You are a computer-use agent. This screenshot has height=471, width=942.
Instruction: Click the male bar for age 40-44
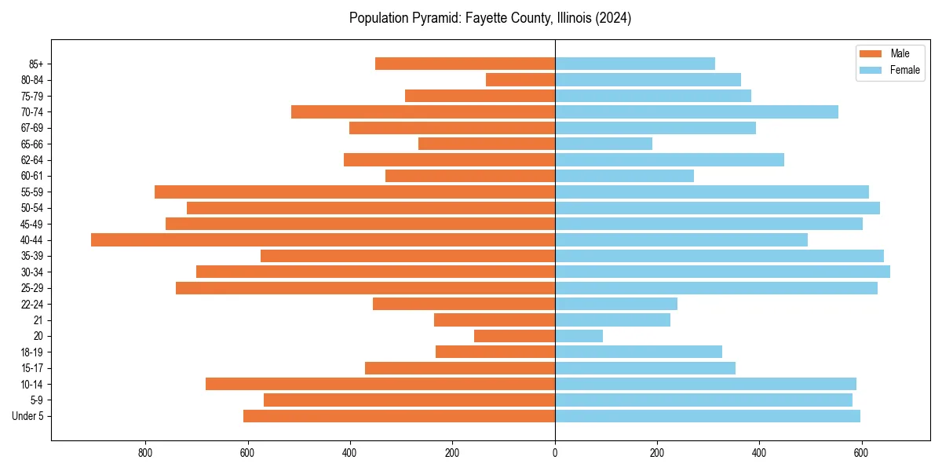point(323,240)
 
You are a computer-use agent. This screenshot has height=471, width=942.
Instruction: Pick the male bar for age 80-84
point(520,79)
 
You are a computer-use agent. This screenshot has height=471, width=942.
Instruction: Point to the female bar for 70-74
point(696,111)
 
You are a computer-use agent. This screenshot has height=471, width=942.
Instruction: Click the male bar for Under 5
point(399,416)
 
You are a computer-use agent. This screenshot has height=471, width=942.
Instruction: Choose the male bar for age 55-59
point(355,192)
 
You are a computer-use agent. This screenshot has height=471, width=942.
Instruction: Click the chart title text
point(490,18)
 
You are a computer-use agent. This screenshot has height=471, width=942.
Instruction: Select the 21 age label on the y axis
point(38,320)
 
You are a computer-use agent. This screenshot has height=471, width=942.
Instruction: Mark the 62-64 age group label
point(31,160)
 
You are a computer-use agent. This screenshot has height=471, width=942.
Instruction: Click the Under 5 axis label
point(28,416)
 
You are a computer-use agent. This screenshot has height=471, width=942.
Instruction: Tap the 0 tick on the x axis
point(555,453)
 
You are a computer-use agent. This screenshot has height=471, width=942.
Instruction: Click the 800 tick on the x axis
point(145,453)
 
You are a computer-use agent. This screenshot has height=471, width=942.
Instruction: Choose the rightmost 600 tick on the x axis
point(861,453)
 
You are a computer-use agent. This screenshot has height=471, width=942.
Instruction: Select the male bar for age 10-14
point(380,384)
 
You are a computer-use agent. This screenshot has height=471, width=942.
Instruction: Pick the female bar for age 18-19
point(638,352)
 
